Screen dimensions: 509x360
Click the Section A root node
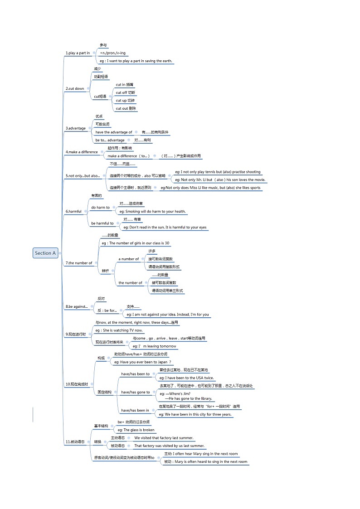[x=45, y=253]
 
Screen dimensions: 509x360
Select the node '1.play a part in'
[x=78, y=53]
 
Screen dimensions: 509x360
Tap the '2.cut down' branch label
[x=75, y=88]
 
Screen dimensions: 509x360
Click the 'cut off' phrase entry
[x=125, y=92]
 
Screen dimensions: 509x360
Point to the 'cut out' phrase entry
[x=126, y=108]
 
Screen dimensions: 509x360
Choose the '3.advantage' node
[x=76, y=128]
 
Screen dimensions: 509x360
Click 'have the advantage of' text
[x=114, y=132]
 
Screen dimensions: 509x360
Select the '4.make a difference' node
[x=82, y=152]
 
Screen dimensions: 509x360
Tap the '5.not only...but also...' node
[x=83, y=175]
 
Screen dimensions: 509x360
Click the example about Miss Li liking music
[x=210, y=188]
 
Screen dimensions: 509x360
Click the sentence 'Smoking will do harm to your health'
[x=152, y=211]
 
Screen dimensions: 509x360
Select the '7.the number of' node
[x=79, y=263]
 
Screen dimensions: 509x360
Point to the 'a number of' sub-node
[x=129, y=259]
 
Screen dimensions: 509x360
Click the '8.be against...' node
[x=77, y=306]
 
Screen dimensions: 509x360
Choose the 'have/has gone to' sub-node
[x=135, y=392]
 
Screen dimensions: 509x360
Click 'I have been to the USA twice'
[x=186, y=378]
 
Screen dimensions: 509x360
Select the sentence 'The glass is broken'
[x=136, y=430]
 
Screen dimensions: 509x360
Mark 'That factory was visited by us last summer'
[x=169, y=446]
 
